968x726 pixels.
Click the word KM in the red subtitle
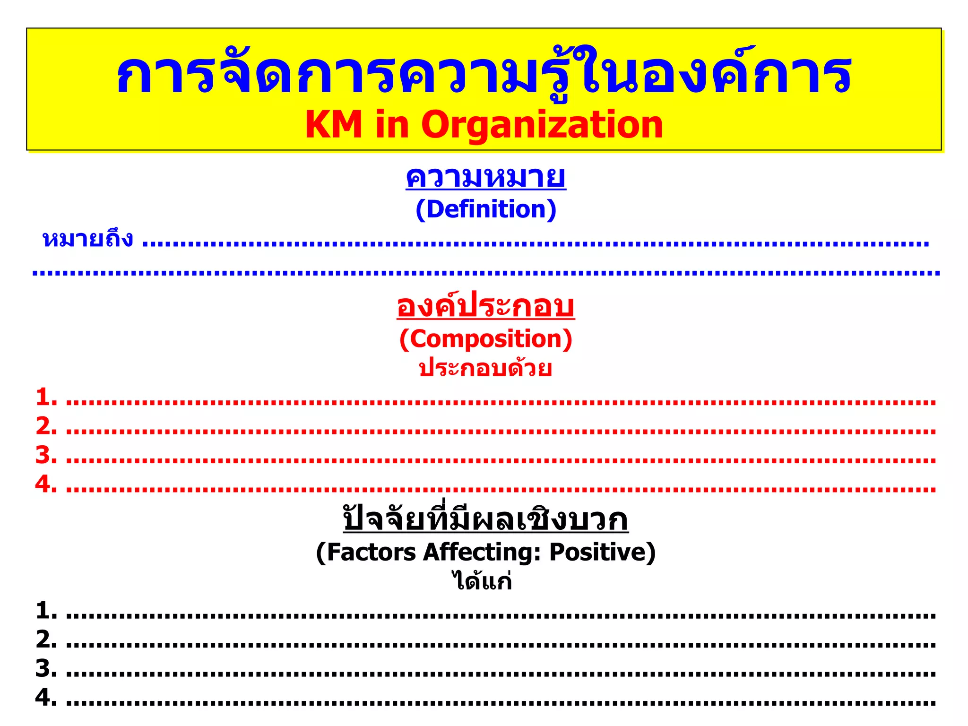pos(334,125)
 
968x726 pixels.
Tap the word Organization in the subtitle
pos(542,125)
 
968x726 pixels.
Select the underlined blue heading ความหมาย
pos(485,178)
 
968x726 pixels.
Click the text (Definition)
pos(485,209)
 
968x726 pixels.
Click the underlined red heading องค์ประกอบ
pos(485,306)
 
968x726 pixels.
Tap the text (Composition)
pos(485,339)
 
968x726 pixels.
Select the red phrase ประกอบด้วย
pos(485,368)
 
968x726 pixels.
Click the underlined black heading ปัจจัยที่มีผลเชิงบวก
pos(485,519)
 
